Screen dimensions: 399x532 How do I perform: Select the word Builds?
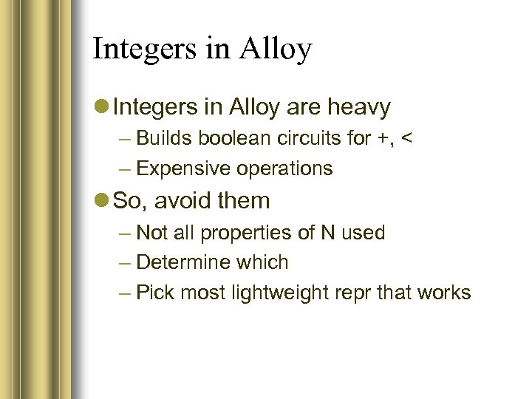click(163, 138)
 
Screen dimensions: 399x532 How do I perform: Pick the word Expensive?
click(184, 168)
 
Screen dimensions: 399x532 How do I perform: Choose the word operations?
click(284, 169)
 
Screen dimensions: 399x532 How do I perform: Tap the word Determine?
click(184, 262)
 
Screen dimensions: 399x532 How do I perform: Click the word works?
click(443, 293)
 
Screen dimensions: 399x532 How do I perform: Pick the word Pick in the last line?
click(155, 293)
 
